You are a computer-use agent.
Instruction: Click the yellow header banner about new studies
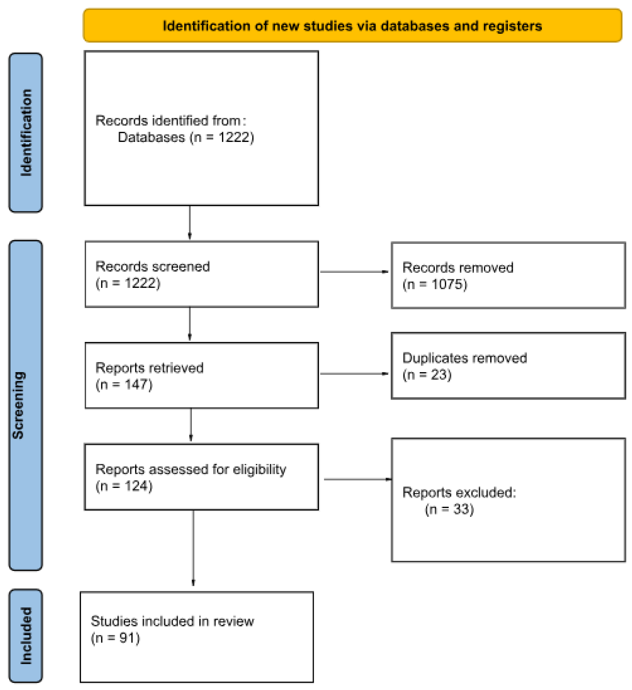352,26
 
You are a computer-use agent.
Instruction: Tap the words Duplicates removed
464,358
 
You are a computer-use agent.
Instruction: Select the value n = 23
427,374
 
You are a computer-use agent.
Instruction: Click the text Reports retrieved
149,368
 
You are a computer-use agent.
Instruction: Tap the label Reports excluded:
459,492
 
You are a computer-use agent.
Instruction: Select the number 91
126,638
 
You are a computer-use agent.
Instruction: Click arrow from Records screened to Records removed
354,272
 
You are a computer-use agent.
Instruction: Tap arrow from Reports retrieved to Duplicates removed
354,373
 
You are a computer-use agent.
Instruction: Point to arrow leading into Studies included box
193,548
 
